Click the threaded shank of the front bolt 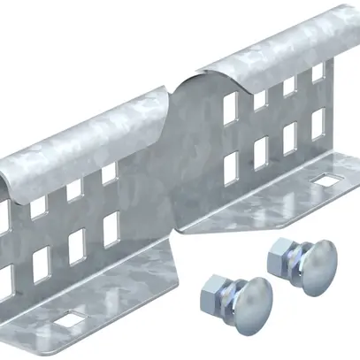(226, 295)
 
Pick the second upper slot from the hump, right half (260, 98)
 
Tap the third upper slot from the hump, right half (289, 87)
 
